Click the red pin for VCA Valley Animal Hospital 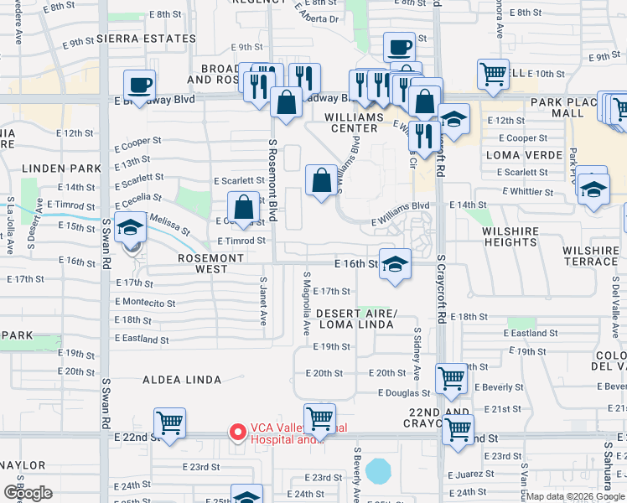click(x=237, y=433)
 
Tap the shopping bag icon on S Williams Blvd click(x=322, y=179)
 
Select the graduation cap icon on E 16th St click(x=395, y=265)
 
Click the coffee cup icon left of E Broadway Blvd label click(x=138, y=85)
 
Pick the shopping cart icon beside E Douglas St click(x=451, y=379)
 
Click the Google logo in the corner click(x=28, y=493)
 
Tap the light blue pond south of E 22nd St click(x=378, y=469)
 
